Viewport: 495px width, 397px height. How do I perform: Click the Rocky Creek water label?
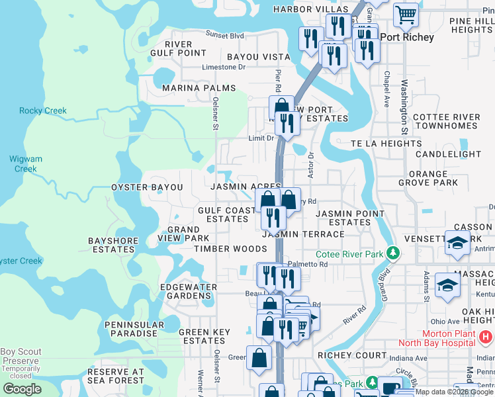click(43, 110)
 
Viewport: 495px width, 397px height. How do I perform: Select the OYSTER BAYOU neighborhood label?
click(147, 187)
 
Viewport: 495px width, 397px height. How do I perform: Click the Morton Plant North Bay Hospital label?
click(437, 337)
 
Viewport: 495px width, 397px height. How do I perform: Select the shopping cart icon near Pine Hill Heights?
click(406, 13)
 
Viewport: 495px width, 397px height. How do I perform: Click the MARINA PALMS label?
click(199, 88)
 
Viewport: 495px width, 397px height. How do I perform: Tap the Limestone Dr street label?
click(223, 67)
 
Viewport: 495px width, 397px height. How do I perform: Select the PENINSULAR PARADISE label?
click(134, 330)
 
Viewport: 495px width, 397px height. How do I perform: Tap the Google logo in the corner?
click(22, 389)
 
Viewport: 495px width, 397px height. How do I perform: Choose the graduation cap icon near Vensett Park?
click(457, 243)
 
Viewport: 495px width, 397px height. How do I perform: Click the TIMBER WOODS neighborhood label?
click(230, 249)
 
